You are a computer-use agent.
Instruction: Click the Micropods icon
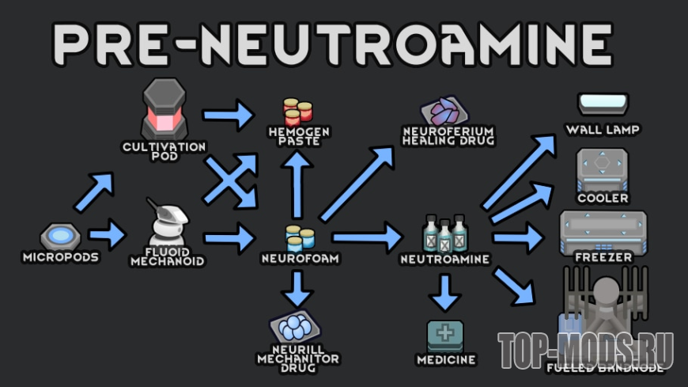tap(60, 235)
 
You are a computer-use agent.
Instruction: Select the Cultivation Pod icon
tap(164, 108)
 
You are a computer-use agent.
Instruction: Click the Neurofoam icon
tap(300, 237)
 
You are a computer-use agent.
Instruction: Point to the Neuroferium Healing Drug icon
tap(448, 110)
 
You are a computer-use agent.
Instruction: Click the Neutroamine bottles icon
tap(444, 233)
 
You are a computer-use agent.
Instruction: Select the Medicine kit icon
tap(446, 336)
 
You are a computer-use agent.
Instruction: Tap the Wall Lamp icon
tap(603, 104)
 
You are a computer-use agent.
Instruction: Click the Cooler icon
tap(603, 168)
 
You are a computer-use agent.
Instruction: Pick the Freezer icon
tap(603, 230)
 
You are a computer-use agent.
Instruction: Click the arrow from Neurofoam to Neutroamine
tap(367, 236)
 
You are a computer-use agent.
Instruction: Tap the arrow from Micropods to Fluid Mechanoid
tap(107, 234)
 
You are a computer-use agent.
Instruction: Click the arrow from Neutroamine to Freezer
tap(518, 236)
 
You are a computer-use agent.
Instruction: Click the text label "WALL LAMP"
tap(603, 128)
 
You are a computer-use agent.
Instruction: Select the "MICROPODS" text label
tap(60, 256)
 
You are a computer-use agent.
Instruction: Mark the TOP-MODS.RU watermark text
tap(586, 348)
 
